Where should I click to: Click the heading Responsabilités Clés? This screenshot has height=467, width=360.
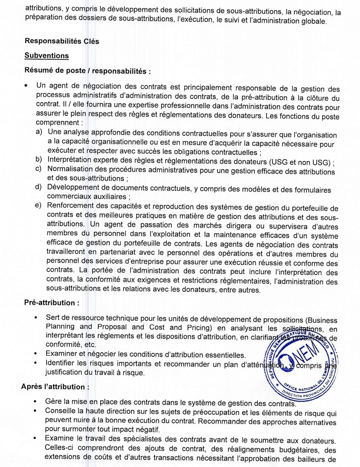click(x=62, y=42)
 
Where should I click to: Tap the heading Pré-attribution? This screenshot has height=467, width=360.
click(x=52, y=303)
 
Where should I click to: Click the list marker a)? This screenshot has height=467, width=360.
click(x=38, y=132)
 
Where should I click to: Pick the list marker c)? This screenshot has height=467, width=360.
click(x=38, y=168)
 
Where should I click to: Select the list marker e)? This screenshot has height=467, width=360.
click(x=38, y=205)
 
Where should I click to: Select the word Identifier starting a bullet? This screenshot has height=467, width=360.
click(x=62, y=364)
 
